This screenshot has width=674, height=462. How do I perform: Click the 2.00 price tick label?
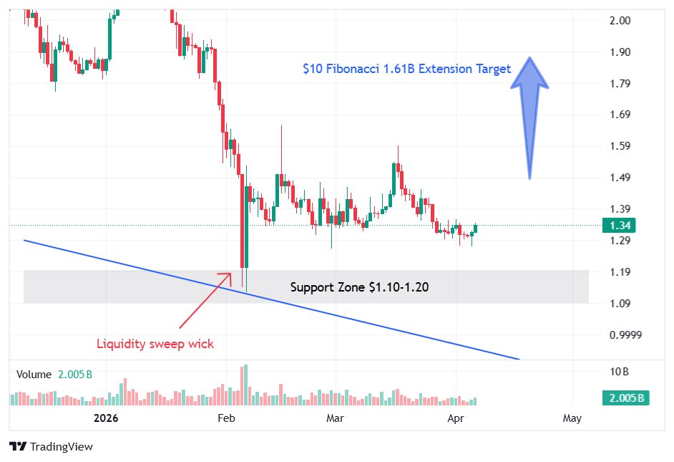tap(620, 21)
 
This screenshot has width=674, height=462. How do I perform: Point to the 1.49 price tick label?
tap(620, 178)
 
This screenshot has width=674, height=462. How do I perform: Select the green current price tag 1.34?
tap(619, 226)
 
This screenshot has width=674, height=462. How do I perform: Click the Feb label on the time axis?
tap(225, 418)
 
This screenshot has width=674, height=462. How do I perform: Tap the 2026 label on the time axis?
tap(105, 418)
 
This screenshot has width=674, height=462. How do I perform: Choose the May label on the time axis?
tap(572, 418)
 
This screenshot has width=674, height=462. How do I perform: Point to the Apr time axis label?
tap(457, 418)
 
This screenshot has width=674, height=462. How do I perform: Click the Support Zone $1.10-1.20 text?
tap(359, 287)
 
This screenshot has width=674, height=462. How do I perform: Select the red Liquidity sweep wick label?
tap(155, 344)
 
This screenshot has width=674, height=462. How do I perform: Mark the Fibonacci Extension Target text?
tap(406, 69)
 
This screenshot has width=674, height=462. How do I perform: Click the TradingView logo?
tap(51, 447)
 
